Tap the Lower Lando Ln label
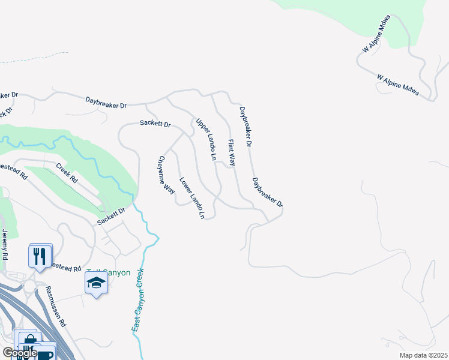(192, 197)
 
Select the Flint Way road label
(231, 152)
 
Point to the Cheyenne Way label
(166, 176)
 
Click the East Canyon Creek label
(138, 300)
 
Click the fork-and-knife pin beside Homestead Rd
(40, 256)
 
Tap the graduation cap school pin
(95, 283)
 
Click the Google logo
(19, 353)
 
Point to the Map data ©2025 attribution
(423, 355)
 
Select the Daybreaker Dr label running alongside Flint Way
(245, 127)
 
